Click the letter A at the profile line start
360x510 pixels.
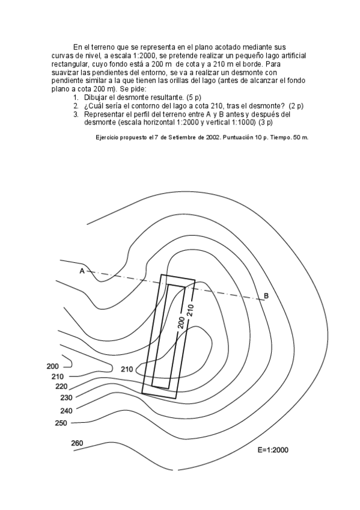(x=82, y=271)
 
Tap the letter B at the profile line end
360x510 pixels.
(x=266, y=295)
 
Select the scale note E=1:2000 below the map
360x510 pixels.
(x=272, y=449)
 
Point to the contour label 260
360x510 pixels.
(x=77, y=443)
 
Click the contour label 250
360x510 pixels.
(x=61, y=423)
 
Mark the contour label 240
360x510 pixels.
(x=66, y=410)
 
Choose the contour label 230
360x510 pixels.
(x=66, y=398)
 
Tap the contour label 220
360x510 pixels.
(x=61, y=387)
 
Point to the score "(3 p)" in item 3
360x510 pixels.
(x=263, y=121)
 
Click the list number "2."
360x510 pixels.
(x=76, y=105)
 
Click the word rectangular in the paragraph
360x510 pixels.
(x=72, y=63)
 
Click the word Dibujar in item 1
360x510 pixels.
(x=96, y=97)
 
